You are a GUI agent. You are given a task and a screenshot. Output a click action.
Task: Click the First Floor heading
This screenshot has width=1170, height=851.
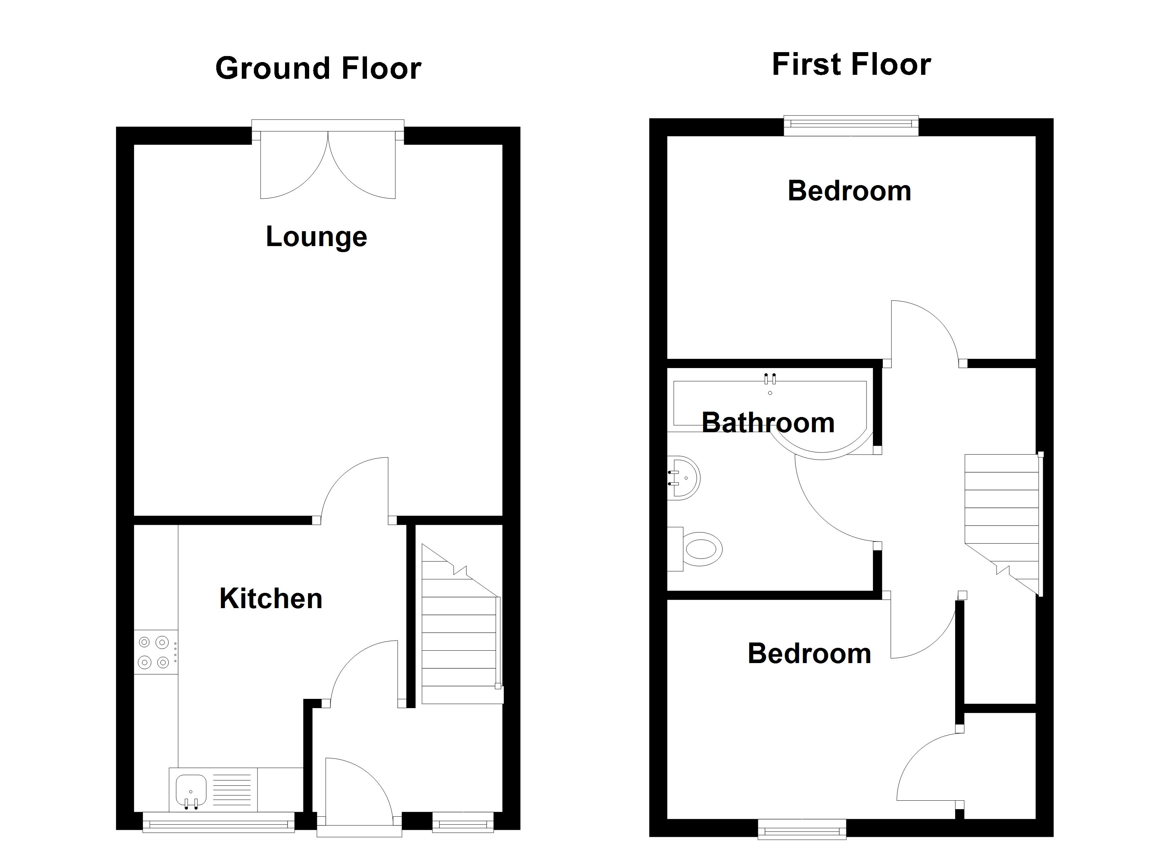(851, 65)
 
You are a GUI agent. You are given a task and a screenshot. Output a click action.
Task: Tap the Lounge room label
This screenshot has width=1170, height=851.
(316, 237)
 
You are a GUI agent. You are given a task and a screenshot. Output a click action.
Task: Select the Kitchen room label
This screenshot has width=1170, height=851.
(271, 598)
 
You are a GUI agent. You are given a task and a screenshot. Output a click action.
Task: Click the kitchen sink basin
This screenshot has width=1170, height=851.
(191, 790)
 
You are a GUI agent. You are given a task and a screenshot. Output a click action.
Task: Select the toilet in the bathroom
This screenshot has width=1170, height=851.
(694, 549)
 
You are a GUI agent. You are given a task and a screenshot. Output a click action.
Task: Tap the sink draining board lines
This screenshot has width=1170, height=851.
(232, 790)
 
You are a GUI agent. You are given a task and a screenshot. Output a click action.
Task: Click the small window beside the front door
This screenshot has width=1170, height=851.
(463, 822)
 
